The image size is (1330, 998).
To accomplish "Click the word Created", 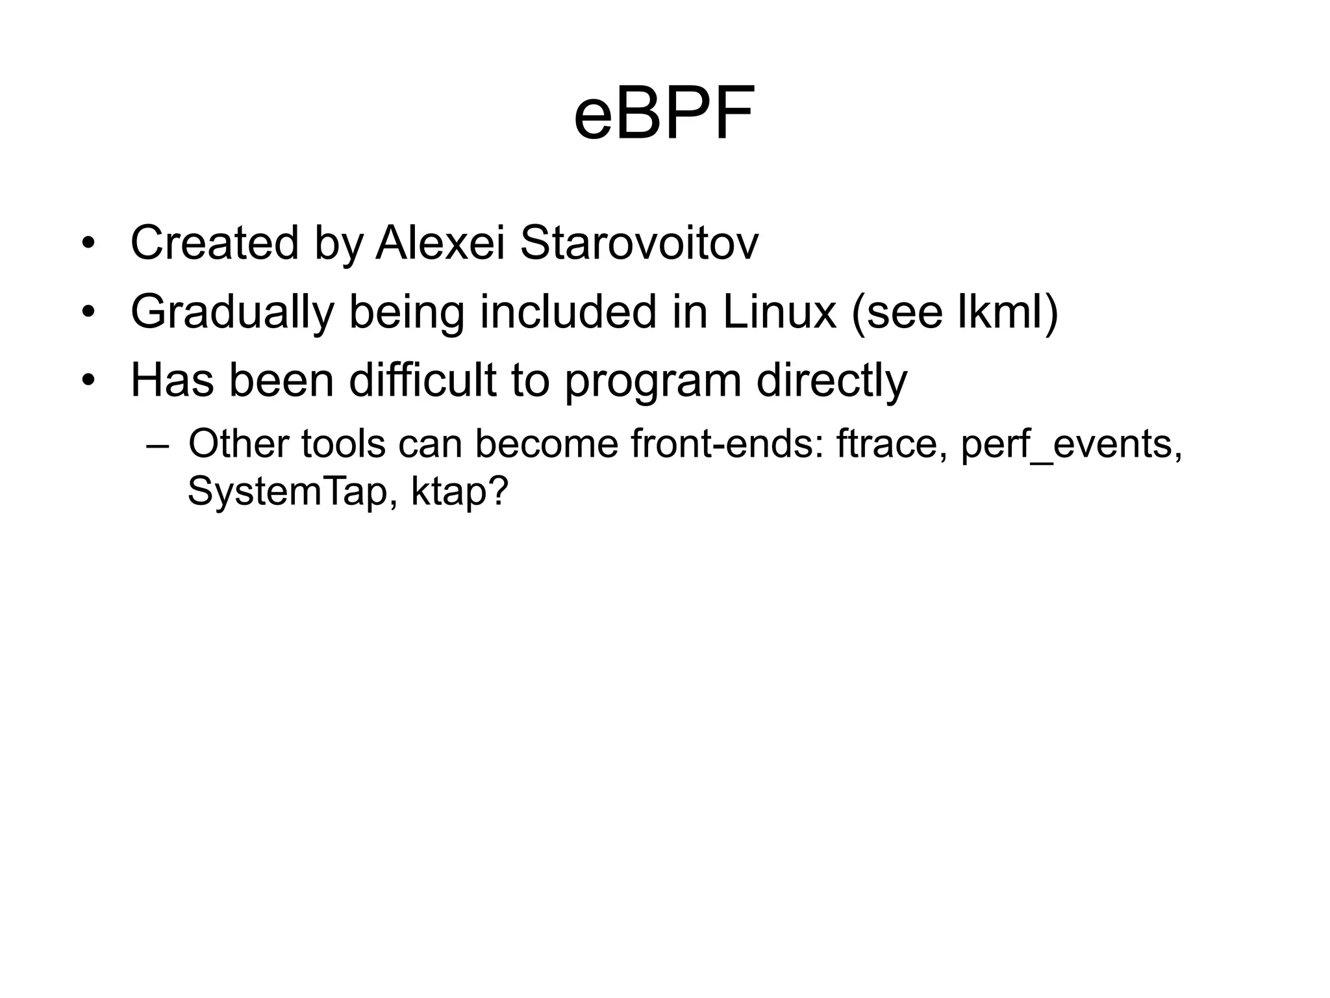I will (215, 243).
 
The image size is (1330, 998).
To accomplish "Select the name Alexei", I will (440, 243).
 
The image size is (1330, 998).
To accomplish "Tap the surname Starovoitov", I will (639, 243).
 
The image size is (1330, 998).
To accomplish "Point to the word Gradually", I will (232, 313).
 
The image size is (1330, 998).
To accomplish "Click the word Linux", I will (779, 311).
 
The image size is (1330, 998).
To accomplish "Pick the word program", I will (652, 382).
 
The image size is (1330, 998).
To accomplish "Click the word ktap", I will (458, 493).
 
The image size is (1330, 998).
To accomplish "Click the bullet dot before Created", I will (89, 244).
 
